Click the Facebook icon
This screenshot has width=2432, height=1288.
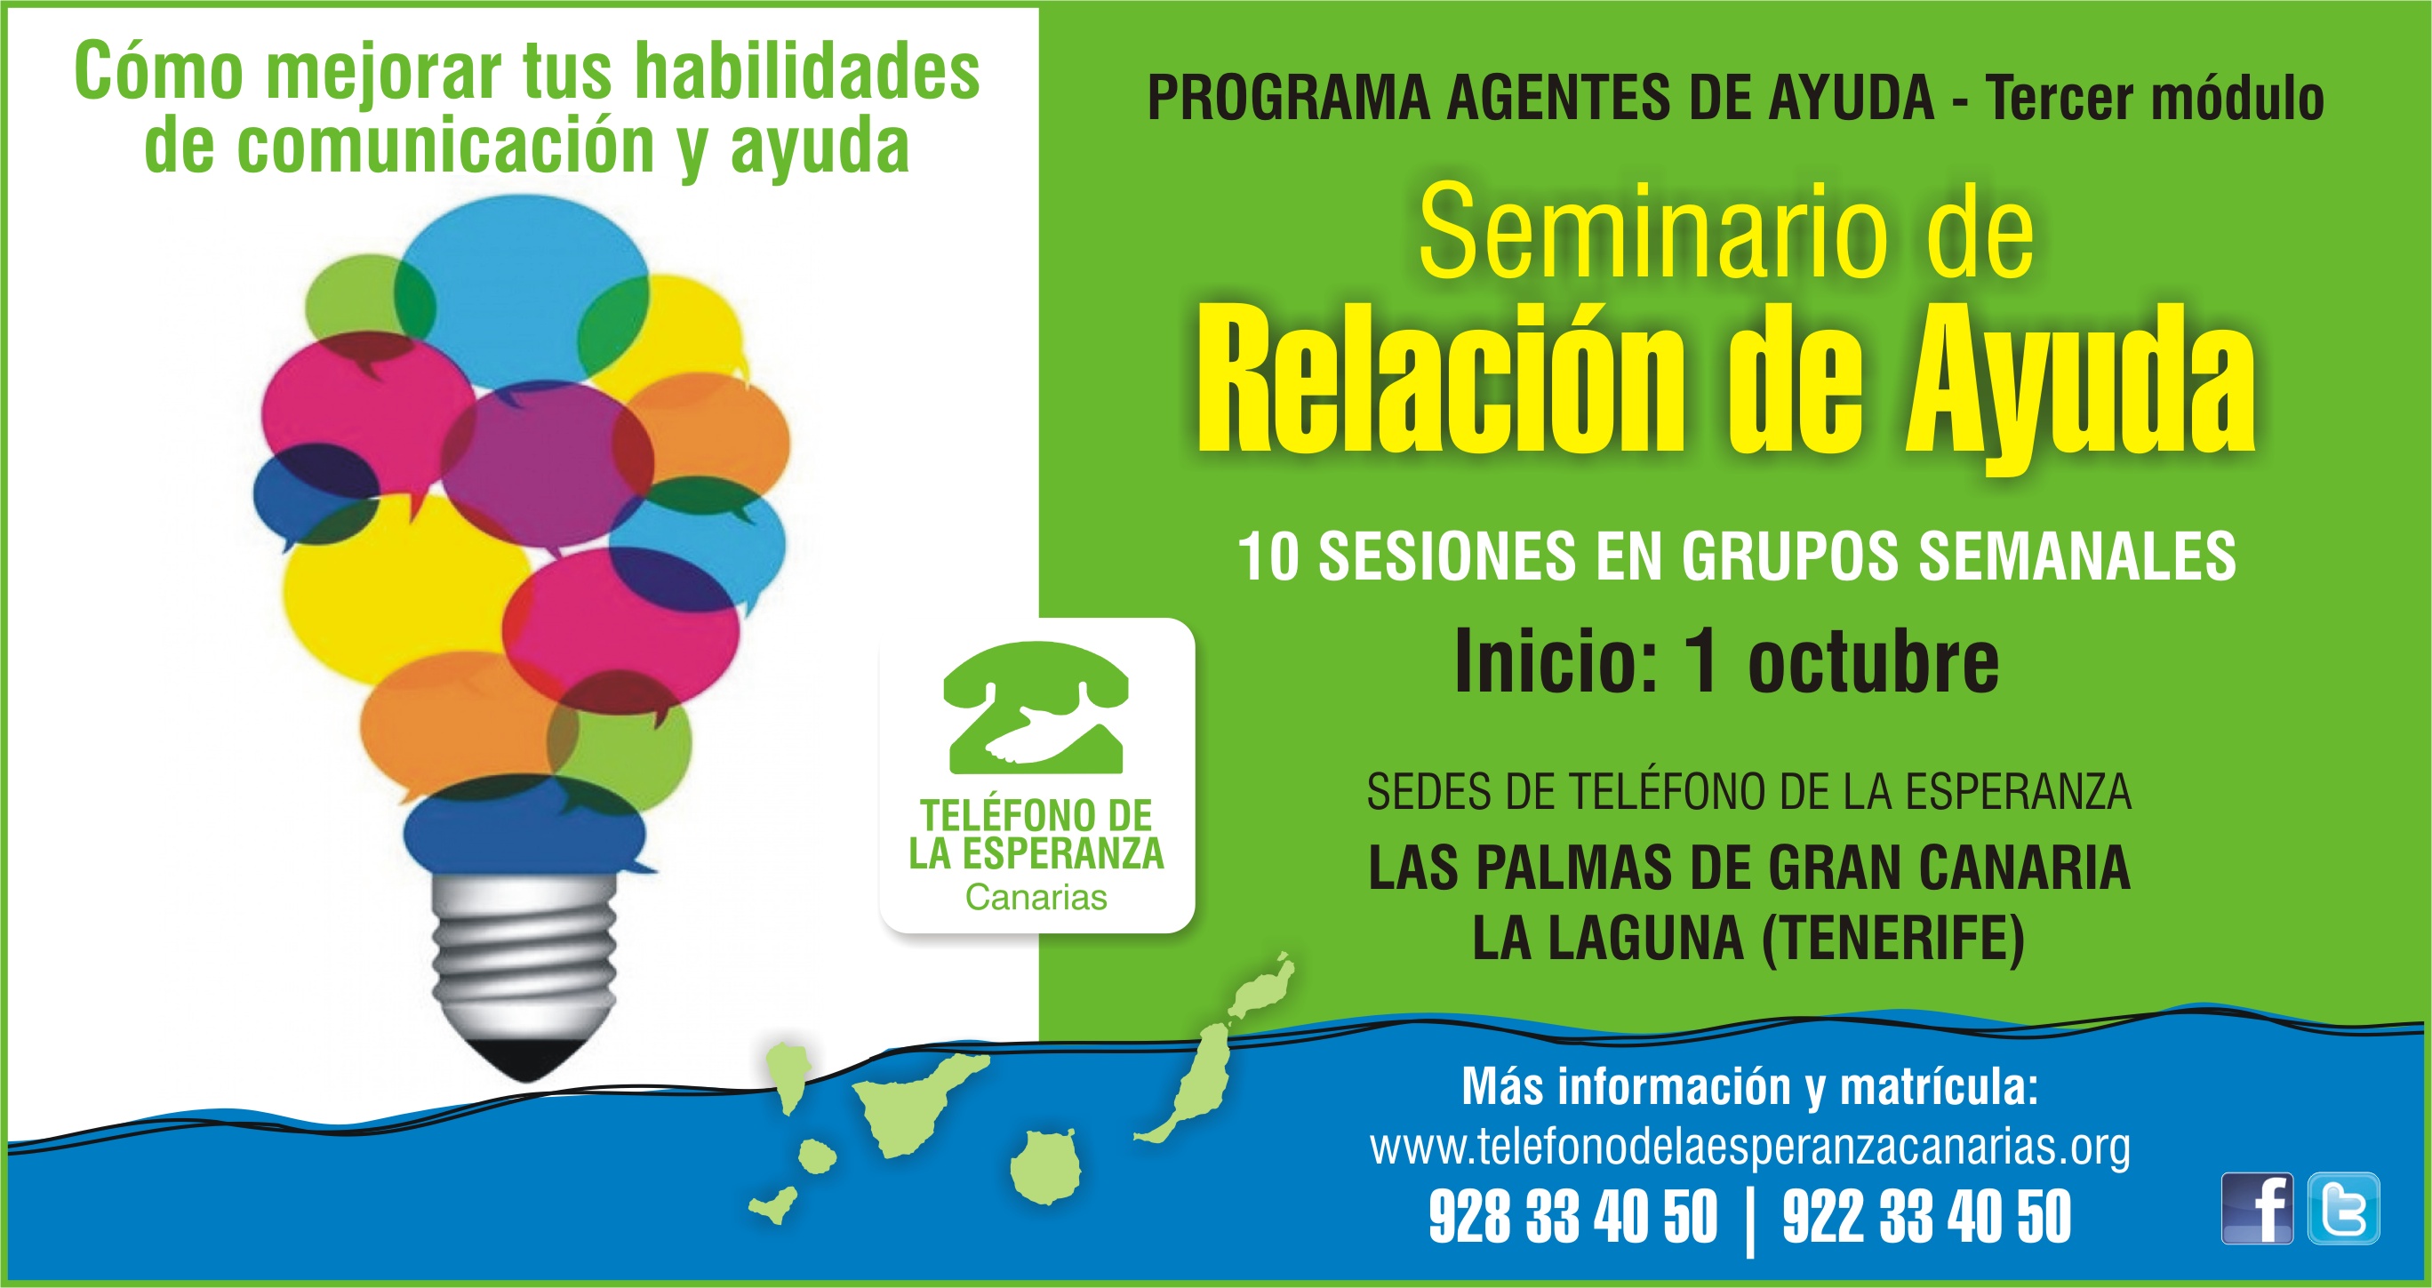coord(2256,1209)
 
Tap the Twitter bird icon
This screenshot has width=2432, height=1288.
coord(2343,1209)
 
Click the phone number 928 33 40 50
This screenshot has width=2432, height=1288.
coord(1572,1218)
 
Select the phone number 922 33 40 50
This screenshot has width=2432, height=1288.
coord(1927,1218)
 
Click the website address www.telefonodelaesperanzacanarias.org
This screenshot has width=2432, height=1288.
coord(1749,1148)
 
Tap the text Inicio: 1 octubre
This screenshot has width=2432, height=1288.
coord(1727,661)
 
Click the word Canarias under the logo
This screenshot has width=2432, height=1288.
coord(1036,897)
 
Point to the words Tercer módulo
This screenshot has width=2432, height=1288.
coord(2155,100)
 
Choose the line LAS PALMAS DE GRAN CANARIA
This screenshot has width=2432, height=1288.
coord(1748,868)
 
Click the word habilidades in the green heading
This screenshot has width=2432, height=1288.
coord(807,71)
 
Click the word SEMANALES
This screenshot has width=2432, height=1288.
coord(2077,556)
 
